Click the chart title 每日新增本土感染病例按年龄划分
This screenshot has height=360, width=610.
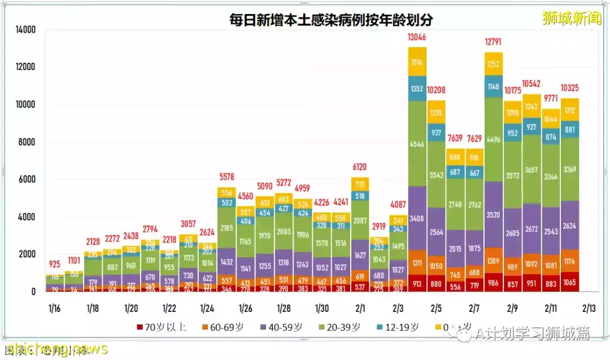pyautogui.click(x=331, y=20)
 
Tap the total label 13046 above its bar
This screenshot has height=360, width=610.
pyautogui.click(x=417, y=38)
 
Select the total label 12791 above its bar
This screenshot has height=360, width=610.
pyautogui.click(x=494, y=41)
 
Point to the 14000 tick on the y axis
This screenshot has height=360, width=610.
pyautogui.click(x=25, y=29)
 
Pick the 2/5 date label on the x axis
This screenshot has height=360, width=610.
pyautogui.click(x=436, y=309)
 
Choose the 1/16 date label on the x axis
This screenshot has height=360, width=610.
pyautogui.click(x=54, y=309)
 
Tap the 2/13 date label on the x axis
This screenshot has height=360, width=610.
pyautogui.click(x=589, y=309)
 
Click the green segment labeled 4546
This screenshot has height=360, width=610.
pyautogui.click(x=417, y=144)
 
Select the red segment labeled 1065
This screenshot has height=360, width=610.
pyautogui.click(x=570, y=281)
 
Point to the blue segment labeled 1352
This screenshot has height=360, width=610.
pyautogui.click(x=417, y=88)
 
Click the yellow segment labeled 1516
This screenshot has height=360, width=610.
pyautogui.click(x=417, y=62)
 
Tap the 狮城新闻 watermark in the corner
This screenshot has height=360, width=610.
pyautogui.click(x=572, y=18)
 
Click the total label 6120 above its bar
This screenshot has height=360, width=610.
pyautogui.click(x=360, y=167)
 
